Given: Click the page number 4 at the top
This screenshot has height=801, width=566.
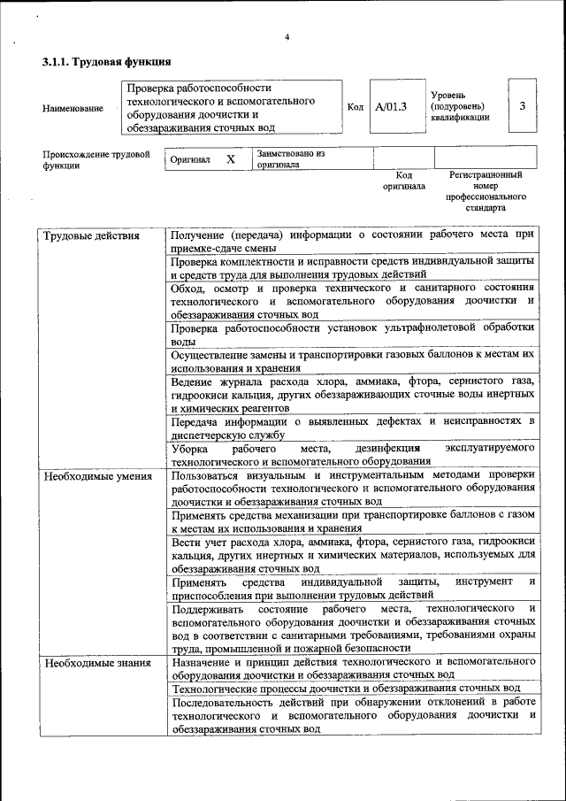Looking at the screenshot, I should click(x=287, y=36).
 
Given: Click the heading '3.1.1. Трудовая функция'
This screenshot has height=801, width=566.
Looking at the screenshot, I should click(x=107, y=63).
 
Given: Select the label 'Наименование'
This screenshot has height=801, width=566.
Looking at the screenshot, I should click(x=73, y=108).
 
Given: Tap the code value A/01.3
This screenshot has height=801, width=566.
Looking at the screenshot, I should click(x=390, y=107).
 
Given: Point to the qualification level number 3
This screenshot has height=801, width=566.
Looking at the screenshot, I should click(x=522, y=106).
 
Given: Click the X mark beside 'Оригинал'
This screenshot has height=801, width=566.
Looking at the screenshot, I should click(x=230, y=159).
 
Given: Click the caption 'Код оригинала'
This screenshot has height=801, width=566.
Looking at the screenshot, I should click(x=403, y=181).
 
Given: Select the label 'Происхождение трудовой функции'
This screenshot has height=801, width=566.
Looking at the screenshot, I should click(x=96, y=159).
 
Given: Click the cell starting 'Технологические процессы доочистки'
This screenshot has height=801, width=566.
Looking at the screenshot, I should click(x=345, y=688).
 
